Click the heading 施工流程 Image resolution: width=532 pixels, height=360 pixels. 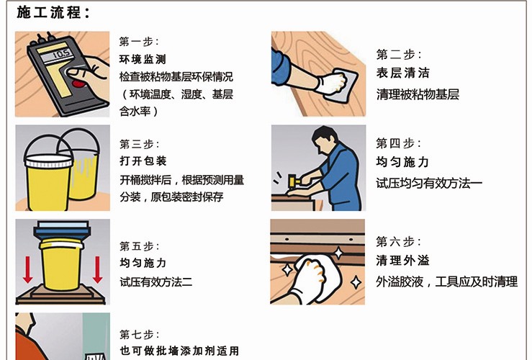pos(53,12)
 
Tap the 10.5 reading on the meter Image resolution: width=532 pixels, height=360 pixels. pos(61,53)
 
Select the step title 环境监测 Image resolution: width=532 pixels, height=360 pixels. pos(143,59)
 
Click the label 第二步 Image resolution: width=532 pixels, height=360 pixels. pos(399,54)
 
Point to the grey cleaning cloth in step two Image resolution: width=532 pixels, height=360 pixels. pos(341,85)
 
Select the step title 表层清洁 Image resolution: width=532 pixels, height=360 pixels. pos(402,73)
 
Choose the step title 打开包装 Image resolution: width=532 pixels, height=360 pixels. pos(143,161)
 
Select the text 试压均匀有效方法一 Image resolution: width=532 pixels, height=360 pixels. pos(429,183)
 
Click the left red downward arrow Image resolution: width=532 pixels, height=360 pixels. pos(28,270)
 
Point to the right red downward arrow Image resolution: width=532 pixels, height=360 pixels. pos(98,270)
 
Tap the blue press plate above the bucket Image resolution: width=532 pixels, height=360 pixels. pos(62,230)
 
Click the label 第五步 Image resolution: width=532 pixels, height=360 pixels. pos(140,246)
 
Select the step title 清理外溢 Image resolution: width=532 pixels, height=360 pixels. pos(402,261)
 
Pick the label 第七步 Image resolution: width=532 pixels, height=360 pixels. pos(140,335)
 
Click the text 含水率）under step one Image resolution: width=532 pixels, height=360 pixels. pos(138,111)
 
